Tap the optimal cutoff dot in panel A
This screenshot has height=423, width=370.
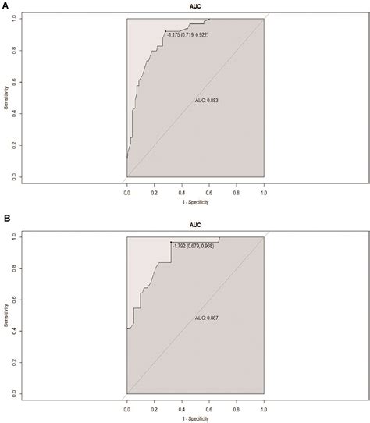tap(165, 32)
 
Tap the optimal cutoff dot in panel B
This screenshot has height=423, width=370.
tap(171, 244)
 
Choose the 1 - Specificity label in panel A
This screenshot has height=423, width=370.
tap(195, 202)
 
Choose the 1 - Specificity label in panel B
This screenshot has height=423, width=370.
tap(195, 418)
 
